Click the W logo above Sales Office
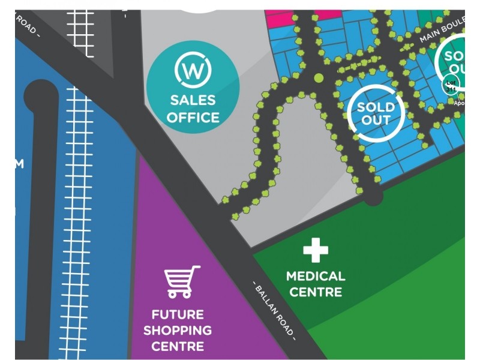[193, 70]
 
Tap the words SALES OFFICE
[193, 109]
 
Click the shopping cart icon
[181, 282]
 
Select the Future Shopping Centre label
[178, 330]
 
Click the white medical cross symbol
[316, 250]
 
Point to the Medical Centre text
[316, 284]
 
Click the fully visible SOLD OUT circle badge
[375, 113]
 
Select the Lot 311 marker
[451, 85]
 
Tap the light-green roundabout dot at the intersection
[319, 77]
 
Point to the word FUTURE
[178, 314]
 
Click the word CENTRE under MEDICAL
[316, 292]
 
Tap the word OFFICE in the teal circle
[193, 117]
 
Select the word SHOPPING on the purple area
[178, 330]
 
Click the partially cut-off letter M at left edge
[19, 163]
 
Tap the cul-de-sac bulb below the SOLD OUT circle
[373, 196]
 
